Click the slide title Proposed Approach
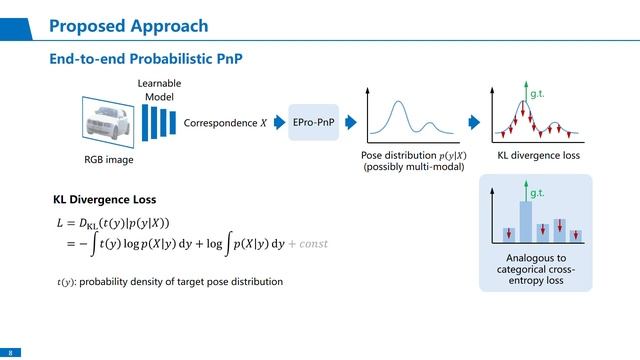128,25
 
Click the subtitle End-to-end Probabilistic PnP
146,60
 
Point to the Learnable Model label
153,89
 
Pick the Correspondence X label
226,123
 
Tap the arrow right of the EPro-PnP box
350,122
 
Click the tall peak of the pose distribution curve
399,102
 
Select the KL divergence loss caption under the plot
538,157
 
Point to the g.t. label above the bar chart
536,191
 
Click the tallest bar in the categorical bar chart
525,221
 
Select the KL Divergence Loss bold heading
104,199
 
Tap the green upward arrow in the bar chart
524,195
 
